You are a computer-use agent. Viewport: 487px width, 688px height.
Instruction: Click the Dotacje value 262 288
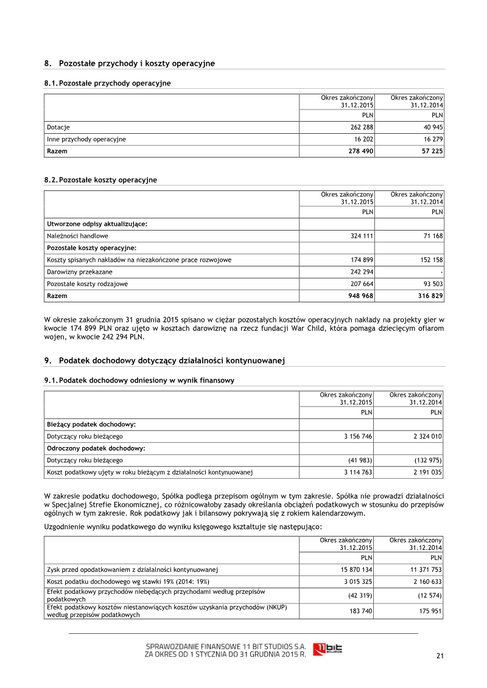pos(361,128)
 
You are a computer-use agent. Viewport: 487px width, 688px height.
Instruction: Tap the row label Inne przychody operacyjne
pos(86,139)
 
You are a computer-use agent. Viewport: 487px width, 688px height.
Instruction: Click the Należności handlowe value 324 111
pos(361,235)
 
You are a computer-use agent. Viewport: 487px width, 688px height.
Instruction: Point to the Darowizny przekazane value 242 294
pos(361,272)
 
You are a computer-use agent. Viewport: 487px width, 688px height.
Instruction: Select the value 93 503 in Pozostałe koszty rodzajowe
pos(432,284)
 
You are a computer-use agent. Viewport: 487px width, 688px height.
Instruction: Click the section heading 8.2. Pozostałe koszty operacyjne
pos(100,180)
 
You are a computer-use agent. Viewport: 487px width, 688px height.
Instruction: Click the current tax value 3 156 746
pos(357,436)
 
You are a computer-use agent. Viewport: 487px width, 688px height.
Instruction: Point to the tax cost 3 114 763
pos(357,471)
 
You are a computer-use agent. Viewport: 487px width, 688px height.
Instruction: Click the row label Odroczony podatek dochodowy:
pos(91,448)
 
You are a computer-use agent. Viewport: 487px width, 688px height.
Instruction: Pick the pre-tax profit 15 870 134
pos(356,570)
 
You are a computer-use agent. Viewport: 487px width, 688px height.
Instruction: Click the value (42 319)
pos(359,595)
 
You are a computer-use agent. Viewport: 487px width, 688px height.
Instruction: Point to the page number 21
pos(440,656)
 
